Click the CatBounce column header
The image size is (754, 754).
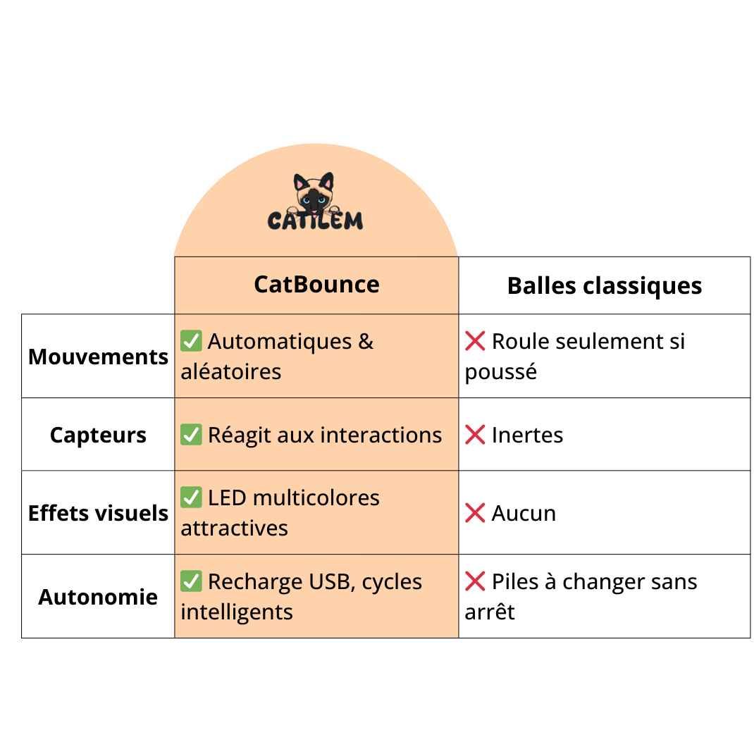coord(316,284)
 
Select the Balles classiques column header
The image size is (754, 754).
coord(604,286)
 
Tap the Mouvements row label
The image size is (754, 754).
coord(98,357)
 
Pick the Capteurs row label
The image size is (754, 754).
coord(98,435)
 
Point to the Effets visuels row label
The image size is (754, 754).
coord(98,513)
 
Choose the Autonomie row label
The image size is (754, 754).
coord(98,597)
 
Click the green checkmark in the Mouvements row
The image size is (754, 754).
coord(191,341)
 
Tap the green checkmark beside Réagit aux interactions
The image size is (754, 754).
coord(191,435)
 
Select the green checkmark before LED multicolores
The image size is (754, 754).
coord(191,497)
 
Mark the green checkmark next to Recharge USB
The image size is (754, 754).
coord(191,581)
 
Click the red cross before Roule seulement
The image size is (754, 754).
coord(475,341)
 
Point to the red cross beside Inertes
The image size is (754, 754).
coord(475,435)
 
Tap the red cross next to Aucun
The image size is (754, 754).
coord(475,513)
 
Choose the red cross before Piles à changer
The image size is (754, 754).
coord(475,581)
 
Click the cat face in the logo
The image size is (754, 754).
coord(314,194)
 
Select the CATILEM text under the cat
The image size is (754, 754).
coord(315,221)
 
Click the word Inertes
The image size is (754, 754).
coord(527,435)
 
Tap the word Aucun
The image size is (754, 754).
coord(524,513)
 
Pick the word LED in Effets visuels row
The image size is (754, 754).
coord(227,497)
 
